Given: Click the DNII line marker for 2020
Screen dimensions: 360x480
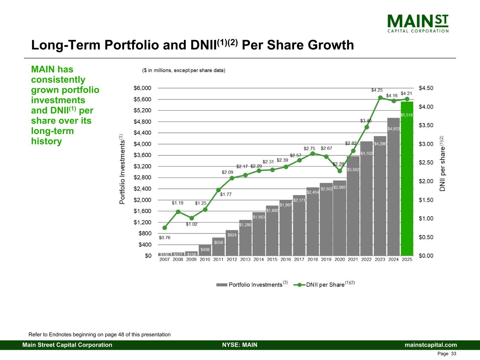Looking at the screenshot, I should coord(340,171).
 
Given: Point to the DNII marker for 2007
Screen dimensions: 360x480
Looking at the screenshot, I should coord(165,228).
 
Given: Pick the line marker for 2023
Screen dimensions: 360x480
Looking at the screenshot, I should coord(380,98).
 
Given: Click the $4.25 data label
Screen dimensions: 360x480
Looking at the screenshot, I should coord(377,90).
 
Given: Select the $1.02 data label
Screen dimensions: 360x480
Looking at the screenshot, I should coord(192,224).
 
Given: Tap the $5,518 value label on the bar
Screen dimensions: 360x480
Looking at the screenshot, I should coord(407,115).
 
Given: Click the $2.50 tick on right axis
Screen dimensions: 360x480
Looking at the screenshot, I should coord(426,163).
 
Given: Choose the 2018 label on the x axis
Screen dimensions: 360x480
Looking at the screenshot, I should coord(313,259).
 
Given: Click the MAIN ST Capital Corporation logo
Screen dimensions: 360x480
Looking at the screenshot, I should coord(418,23).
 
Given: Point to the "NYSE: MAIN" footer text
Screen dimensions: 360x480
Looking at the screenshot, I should coord(240,345).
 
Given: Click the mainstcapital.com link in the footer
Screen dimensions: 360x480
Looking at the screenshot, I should coord(431,345).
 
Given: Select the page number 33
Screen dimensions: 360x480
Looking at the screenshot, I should coord(453,354).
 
